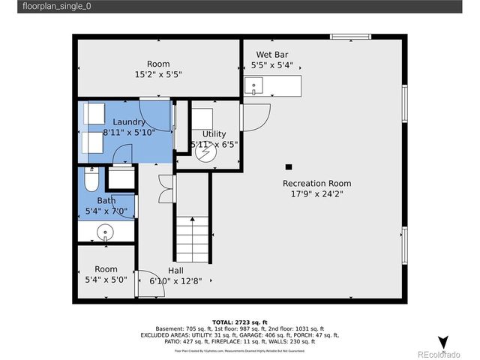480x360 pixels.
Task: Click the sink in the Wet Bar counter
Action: tap(253, 85)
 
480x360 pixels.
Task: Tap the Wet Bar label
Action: tap(272, 54)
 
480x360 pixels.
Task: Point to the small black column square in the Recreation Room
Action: tap(288, 166)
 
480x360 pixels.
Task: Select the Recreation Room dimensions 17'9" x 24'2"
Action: tap(316, 194)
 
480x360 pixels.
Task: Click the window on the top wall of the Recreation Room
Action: tap(350, 35)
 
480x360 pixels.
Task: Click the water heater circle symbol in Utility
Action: tap(204, 152)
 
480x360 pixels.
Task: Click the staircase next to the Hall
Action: tap(192, 235)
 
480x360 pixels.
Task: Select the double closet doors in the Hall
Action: tap(164, 188)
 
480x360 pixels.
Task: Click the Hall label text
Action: tap(175, 270)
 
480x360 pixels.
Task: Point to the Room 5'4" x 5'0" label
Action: tap(106, 274)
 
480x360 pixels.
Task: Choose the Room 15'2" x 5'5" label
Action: tap(158, 69)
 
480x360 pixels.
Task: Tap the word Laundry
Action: tap(129, 121)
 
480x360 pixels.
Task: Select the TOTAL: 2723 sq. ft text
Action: tap(239, 320)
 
